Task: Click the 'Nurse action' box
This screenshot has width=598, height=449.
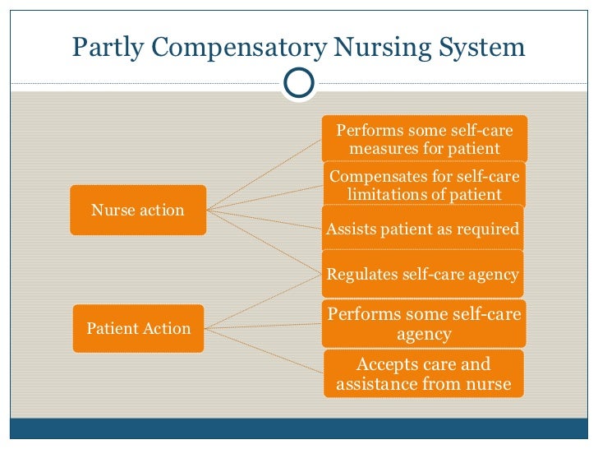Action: [x=137, y=210]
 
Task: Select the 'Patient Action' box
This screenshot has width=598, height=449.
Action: [x=138, y=328]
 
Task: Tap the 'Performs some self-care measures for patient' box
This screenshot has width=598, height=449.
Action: [x=424, y=140]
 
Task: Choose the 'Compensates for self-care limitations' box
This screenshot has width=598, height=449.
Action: [x=424, y=185]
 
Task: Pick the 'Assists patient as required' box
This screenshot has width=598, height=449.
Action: [x=423, y=229]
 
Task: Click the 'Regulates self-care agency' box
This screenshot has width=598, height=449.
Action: [x=423, y=274]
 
